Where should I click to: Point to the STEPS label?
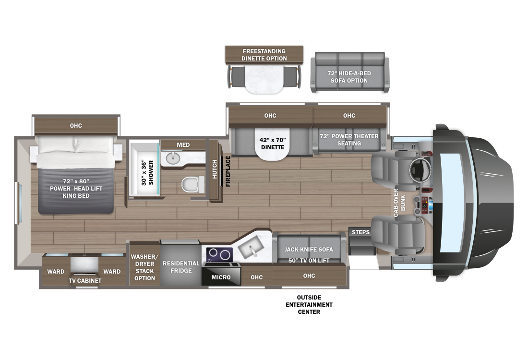(x=360, y=232)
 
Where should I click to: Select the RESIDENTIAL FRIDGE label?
(x=181, y=267)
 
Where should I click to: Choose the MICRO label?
(x=221, y=277)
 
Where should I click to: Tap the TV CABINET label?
(x=85, y=280)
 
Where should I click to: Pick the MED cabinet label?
(x=183, y=145)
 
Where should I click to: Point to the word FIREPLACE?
(x=228, y=171)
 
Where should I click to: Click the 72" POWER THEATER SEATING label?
(x=349, y=140)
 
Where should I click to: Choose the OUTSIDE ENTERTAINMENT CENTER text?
(x=309, y=305)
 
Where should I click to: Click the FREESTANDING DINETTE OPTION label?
(x=264, y=55)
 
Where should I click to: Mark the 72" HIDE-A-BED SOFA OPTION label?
(x=349, y=77)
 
